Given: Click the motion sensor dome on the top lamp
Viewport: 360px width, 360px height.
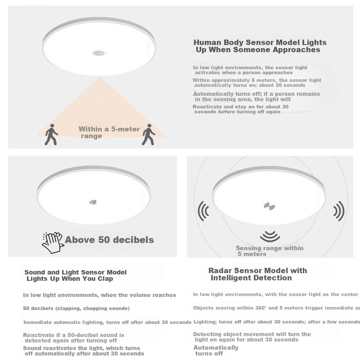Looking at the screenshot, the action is pyautogui.click(x=99, y=53).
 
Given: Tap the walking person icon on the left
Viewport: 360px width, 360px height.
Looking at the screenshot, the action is pyautogui.click(x=51, y=135).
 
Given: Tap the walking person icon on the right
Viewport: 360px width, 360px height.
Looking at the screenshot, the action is pyautogui.click(x=148, y=135).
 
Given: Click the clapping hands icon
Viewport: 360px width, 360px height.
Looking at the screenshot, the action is pyautogui.click(x=53, y=243).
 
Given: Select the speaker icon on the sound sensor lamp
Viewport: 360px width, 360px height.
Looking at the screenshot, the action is pyautogui.click(x=93, y=202).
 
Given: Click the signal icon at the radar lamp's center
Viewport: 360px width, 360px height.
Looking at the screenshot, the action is pyautogui.click(x=269, y=206).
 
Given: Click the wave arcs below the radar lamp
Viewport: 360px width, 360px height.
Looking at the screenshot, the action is pyautogui.click(x=270, y=237).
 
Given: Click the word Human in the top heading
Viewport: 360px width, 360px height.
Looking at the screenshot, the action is pyautogui.click(x=207, y=42).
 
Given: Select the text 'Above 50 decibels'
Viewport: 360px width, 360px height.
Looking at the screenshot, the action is pyautogui.click(x=109, y=240).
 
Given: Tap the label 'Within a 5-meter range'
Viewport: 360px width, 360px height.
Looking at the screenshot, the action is pyautogui.click(x=109, y=132).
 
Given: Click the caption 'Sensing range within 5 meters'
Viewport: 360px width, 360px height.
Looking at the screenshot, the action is pyautogui.click(x=270, y=251).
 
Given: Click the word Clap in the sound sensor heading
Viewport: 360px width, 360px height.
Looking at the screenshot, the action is pyautogui.click(x=105, y=279).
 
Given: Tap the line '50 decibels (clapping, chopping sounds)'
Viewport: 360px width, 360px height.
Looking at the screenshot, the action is pyautogui.click(x=76, y=308).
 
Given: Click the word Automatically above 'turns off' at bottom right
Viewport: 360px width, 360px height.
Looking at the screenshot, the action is pyautogui.click(x=216, y=347).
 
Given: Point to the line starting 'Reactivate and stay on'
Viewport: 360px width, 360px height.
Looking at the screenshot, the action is pyautogui.click(x=240, y=107).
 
